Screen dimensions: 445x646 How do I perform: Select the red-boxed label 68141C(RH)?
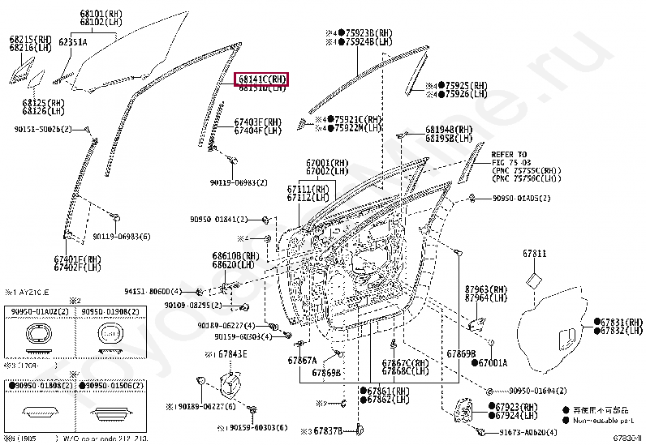tap(262, 79)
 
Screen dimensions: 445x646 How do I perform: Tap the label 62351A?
tap(73, 41)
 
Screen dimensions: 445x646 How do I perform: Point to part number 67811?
tap(535, 255)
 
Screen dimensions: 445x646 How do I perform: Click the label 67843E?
tap(233, 354)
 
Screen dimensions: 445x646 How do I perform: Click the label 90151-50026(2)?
tap(43, 130)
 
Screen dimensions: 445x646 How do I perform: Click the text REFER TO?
tap(509, 154)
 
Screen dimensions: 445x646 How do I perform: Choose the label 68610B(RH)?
tap(235, 255)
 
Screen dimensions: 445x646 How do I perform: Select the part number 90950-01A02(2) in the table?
tap(37, 310)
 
